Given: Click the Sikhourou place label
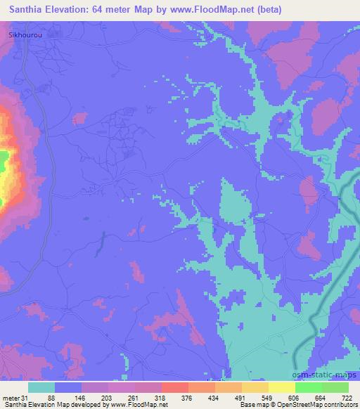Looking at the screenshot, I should (x=20, y=34).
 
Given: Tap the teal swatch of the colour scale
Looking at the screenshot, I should (x=42, y=387).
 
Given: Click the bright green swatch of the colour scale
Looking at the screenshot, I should (x=309, y=387).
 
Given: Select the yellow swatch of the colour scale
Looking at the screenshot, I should (x=282, y=387).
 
